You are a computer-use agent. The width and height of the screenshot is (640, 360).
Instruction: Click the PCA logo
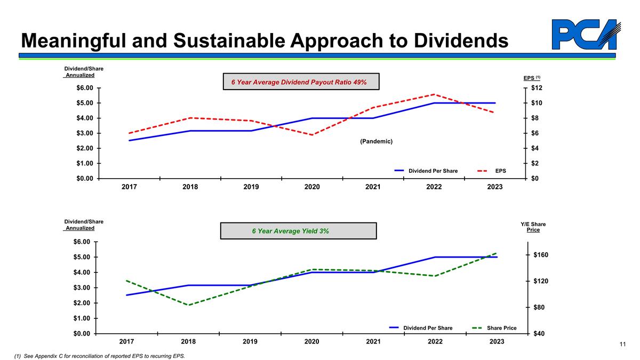(583, 35)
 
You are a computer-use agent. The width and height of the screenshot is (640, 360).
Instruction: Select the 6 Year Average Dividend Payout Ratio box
(301, 82)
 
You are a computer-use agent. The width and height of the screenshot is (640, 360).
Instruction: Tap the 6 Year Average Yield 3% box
(298, 231)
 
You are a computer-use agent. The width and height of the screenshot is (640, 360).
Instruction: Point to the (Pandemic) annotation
(376, 141)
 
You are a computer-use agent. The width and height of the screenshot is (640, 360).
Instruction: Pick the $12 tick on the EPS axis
(535, 88)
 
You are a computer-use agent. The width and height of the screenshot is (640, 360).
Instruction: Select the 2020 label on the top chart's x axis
(312, 187)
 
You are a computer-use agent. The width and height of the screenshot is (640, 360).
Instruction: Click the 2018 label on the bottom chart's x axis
(188, 342)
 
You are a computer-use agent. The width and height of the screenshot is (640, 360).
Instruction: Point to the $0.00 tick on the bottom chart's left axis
(83, 334)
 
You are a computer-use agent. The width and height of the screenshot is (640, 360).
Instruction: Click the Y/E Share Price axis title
(533, 227)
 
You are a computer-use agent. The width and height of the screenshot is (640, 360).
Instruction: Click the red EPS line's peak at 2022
(434, 94)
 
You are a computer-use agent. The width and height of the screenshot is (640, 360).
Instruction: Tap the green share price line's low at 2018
(188, 305)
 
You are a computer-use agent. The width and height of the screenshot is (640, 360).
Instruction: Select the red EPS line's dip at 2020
(312, 135)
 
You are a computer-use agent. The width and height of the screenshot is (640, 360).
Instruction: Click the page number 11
(622, 345)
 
